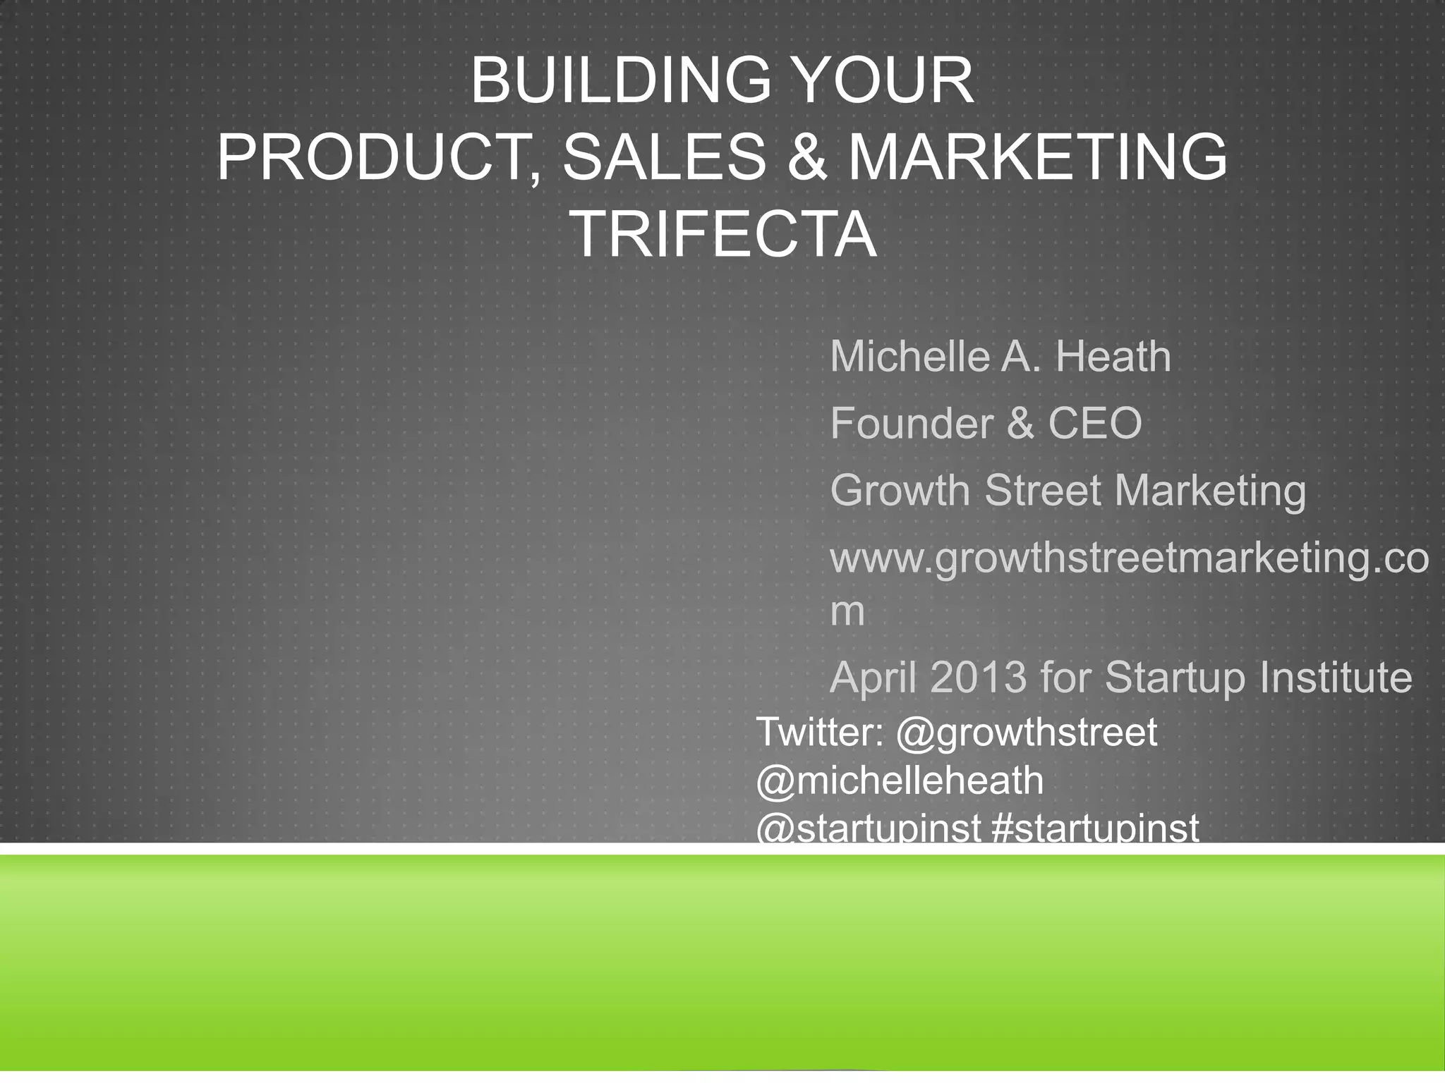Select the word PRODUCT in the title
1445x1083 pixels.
coord(375,157)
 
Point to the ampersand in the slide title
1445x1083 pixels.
coord(806,157)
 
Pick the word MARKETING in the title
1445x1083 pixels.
coord(1037,157)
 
